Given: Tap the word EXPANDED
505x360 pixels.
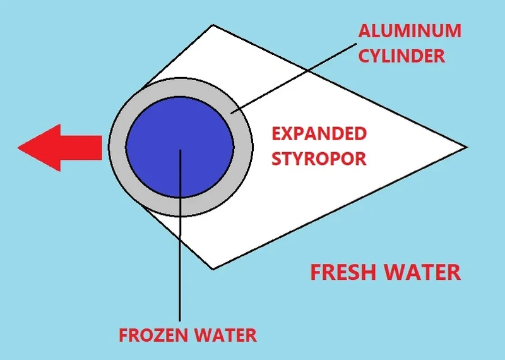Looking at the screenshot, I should tap(319, 134).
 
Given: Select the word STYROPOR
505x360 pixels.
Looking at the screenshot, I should tap(319, 157).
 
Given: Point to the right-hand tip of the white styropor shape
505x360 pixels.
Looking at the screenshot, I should tap(465, 147).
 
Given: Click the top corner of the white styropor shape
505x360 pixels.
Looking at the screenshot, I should tap(213, 26).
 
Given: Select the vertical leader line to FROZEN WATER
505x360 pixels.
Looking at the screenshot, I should tap(180, 265).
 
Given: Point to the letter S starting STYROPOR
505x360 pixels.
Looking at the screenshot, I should tap(277, 157).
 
